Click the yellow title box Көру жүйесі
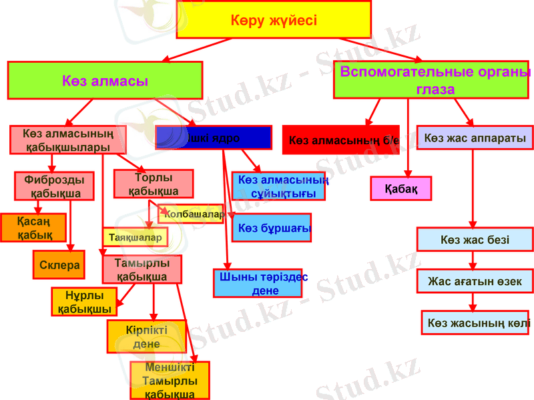click(x=274, y=20)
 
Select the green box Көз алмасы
click(x=105, y=81)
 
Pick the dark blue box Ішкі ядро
click(x=214, y=138)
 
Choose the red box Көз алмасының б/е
click(x=340, y=140)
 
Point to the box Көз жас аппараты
click(x=475, y=138)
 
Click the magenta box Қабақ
click(x=401, y=188)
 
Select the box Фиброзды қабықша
click(x=53, y=186)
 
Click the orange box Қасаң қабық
click(x=33, y=228)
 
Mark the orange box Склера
click(x=59, y=264)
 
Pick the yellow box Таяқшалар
click(x=135, y=237)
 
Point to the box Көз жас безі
click(x=475, y=239)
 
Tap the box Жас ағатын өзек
click(x=475, y=281)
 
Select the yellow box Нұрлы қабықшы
click(x=85, y=302)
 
